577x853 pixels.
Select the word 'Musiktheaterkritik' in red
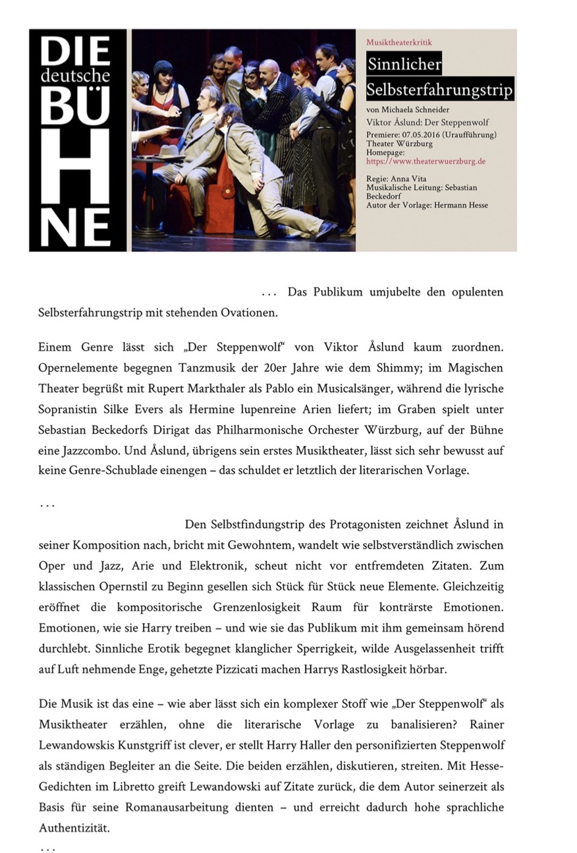tap(398, 42)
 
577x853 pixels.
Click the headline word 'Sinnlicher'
tap(404, 65)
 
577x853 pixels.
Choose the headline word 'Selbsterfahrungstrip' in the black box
tap(439, 89)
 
